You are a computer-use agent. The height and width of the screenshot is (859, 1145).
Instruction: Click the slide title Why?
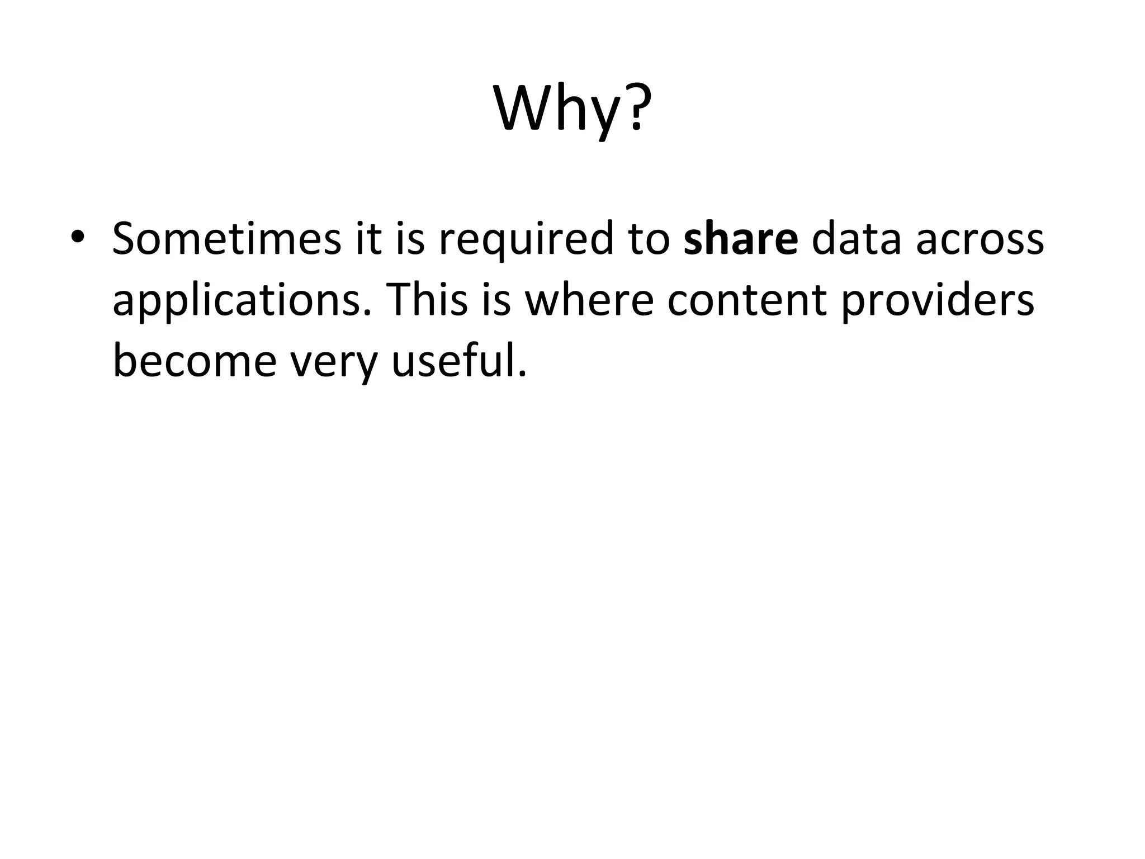pos(572,108)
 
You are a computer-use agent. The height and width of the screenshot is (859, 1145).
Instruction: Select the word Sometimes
pos(226,239)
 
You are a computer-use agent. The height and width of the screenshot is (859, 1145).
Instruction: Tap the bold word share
pos(741,239)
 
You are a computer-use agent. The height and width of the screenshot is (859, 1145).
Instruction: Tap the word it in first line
pos(366,239)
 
